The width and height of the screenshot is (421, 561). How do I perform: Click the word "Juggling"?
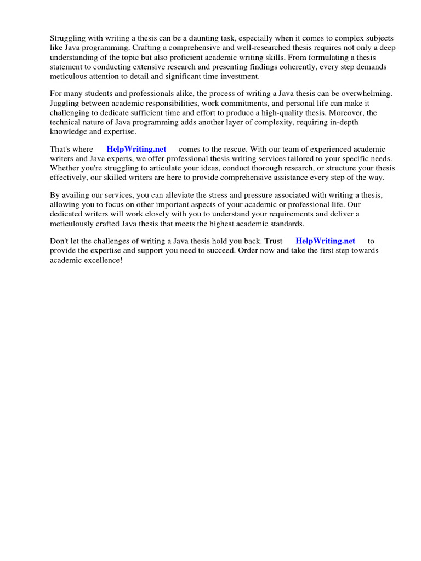tap(65, 103)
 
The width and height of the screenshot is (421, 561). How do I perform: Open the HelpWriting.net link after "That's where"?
tap(136, 149)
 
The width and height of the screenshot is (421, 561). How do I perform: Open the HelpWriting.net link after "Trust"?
tap(325, 241)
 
